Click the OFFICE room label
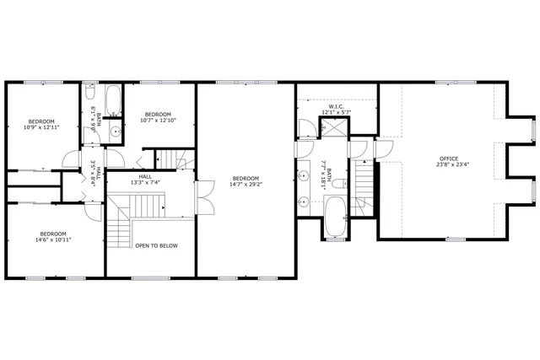pos(448,158)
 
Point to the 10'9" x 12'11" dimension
pos(41,127)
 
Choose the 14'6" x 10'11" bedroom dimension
pos(52,239)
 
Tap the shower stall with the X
pos(334,129)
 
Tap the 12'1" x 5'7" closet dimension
pos(336,112)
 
